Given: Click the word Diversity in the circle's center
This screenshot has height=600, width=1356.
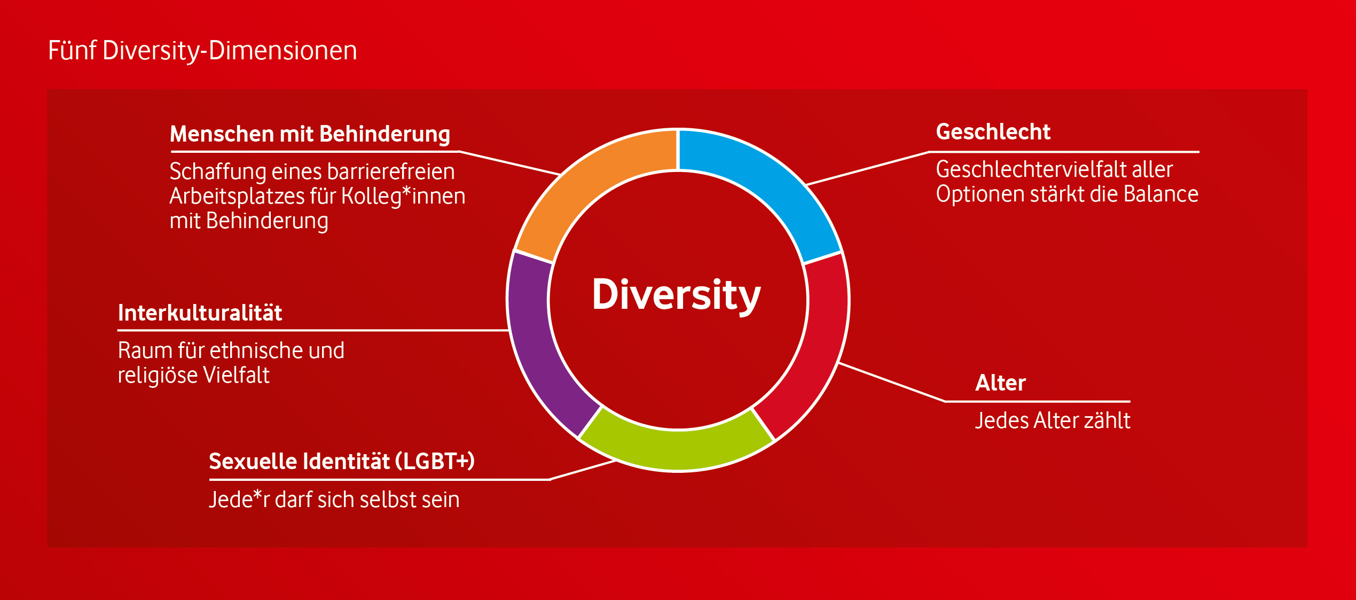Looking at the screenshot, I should pos(676,295).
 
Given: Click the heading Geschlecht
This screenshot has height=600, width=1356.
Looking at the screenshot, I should pos(993,132).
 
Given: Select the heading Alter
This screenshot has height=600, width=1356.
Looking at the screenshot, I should pos(1000,383).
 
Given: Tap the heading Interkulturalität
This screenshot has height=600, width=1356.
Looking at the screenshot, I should pos(200,313).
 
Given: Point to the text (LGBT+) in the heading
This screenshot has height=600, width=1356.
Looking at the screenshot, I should pos(435,461).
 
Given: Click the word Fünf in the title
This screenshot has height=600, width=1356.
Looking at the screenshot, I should pos(72,51).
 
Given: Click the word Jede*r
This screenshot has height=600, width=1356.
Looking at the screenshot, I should pos(239,500).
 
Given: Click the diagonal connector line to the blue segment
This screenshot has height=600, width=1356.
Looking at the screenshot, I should pos(868,168).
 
